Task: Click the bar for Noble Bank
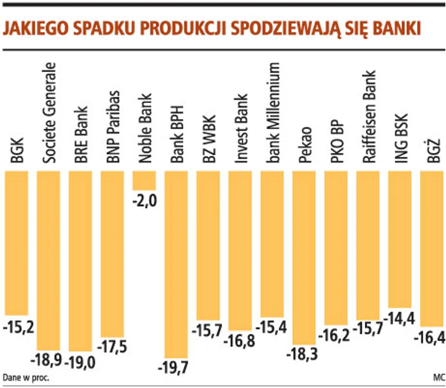coord(144,181)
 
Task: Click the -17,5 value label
coord(113,348)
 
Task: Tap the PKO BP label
coord(336,141)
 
